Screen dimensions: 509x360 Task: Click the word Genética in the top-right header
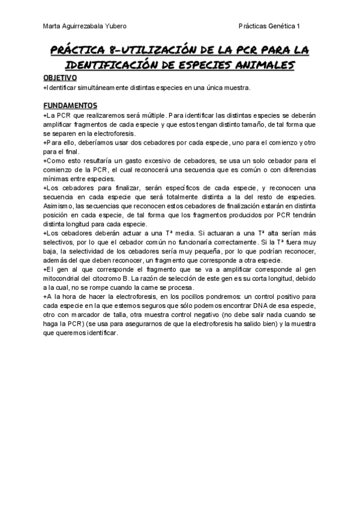coord(279,26)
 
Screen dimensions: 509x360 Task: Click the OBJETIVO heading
coord(60,78)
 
